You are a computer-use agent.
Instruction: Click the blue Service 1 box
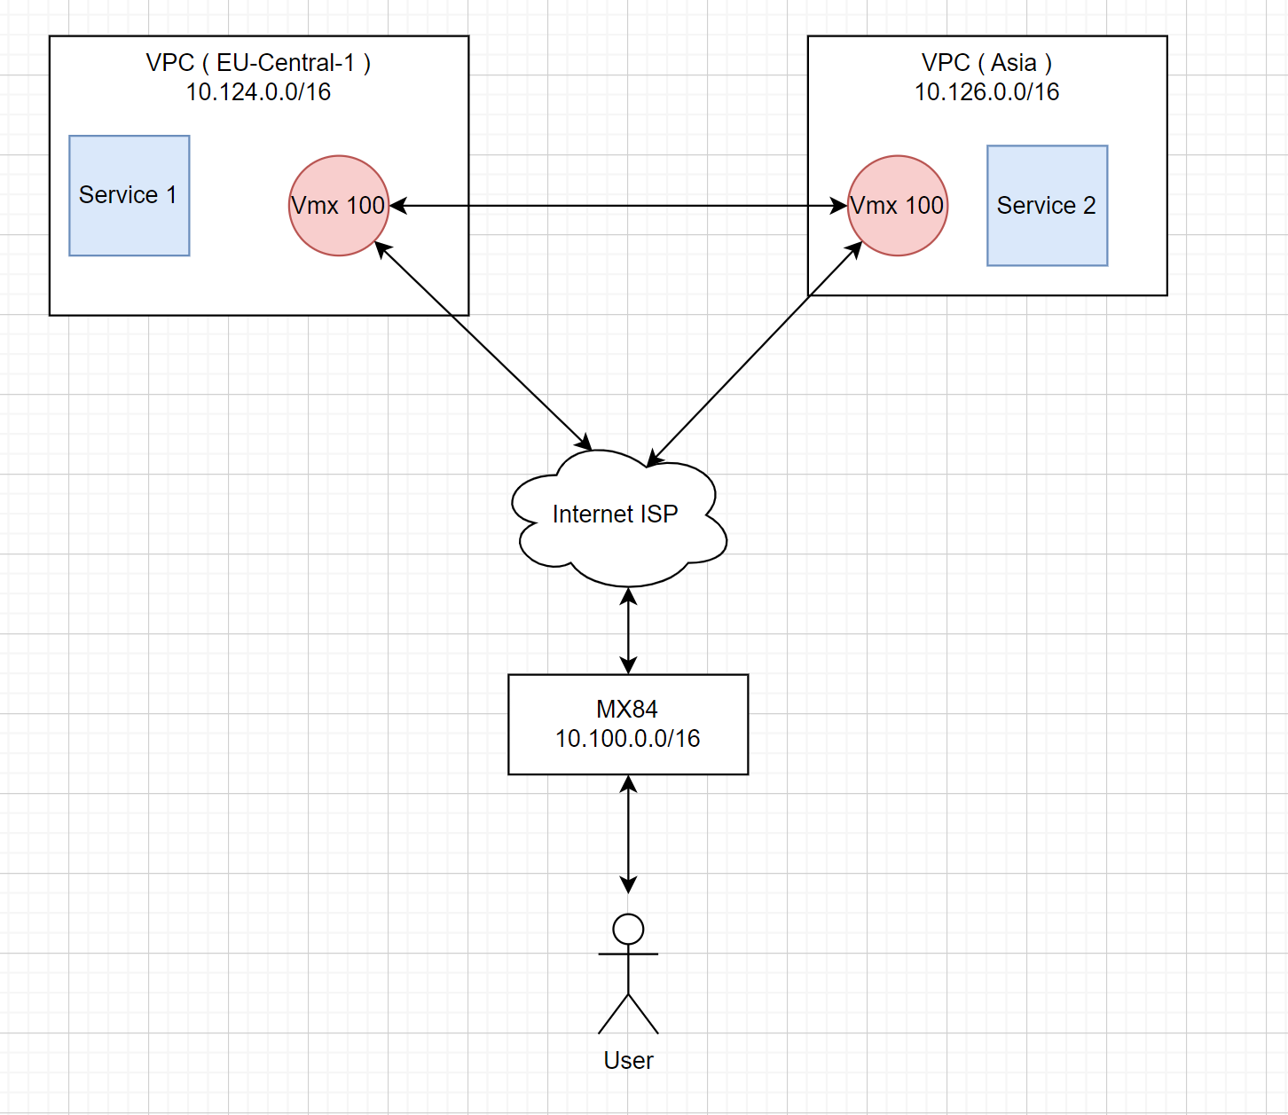click(130, 195)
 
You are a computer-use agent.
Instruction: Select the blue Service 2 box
click(1047, 206)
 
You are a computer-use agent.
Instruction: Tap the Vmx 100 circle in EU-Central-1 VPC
click(339, 206)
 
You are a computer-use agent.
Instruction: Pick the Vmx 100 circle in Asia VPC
click(897, 206)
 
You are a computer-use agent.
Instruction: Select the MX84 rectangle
click(628, 723)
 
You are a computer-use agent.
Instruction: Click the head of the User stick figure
click(628, 929)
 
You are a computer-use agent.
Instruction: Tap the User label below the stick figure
click(628, 1060)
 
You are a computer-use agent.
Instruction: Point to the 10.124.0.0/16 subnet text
click(258, 91)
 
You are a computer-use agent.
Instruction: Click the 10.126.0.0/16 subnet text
click(986, 91)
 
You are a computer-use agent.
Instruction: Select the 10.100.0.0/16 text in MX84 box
click(628, 738)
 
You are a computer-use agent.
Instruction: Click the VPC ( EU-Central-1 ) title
click(258, 63)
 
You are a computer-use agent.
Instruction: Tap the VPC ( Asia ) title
click(986, 63)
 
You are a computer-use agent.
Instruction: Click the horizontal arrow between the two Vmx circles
click(618, 206)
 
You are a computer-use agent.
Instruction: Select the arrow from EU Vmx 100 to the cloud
click(483, 346)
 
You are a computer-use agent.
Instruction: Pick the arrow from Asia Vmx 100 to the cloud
click(754, 354)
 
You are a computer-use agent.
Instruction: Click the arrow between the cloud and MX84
click(628, 631)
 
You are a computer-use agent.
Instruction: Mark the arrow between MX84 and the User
click(628, 834)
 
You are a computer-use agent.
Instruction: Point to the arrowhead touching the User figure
click(628, 885)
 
